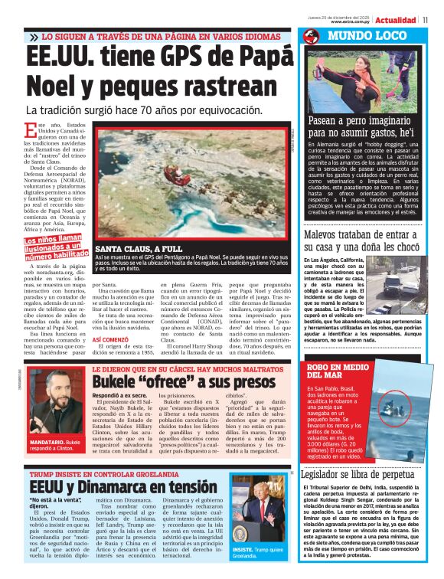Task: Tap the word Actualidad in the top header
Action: (396, 19)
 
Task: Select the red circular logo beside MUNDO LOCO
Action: (311, 36)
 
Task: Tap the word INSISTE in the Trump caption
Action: (246, 550)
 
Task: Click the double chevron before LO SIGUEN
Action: (34, 37)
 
